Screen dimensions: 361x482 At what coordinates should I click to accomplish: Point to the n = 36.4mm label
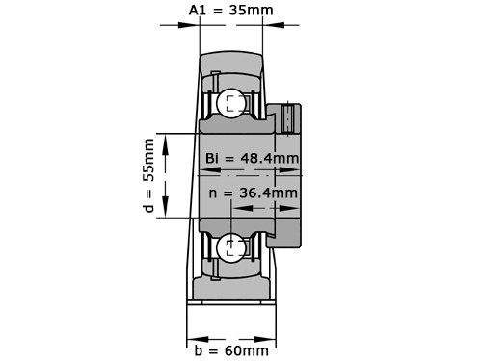254,193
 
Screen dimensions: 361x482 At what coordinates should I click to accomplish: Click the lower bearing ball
231,247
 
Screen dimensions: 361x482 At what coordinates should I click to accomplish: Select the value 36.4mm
266,193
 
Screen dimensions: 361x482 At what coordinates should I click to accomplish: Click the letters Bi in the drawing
214,158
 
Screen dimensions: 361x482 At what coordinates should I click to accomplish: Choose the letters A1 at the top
198,11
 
